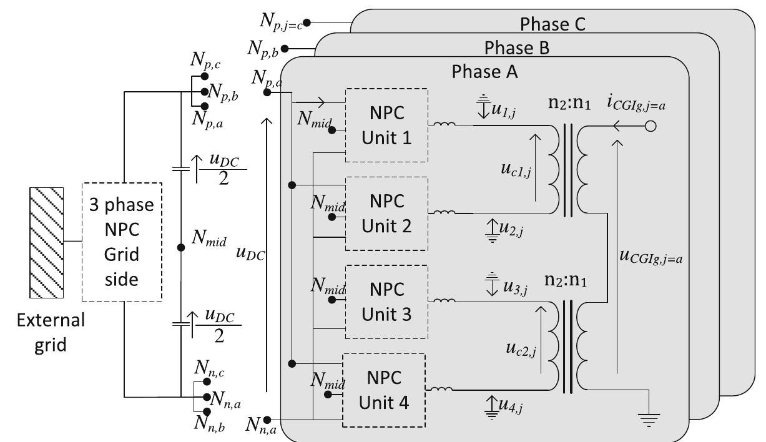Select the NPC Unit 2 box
pyautogui.click(x=386, y=214)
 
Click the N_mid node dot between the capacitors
pyautogui.click(x=181, y=247)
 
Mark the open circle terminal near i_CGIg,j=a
pyautogui.click(x=651, y=126)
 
